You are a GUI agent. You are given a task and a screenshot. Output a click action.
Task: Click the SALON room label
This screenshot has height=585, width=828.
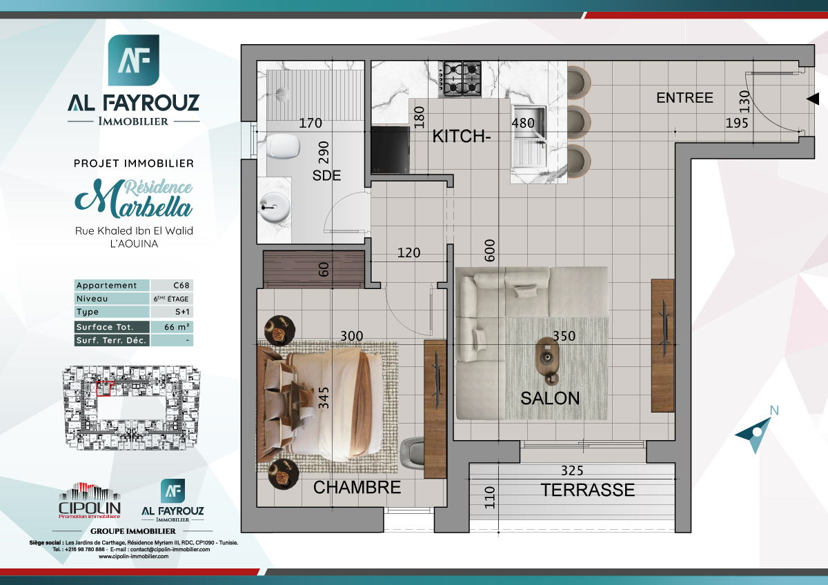tap(550, 398)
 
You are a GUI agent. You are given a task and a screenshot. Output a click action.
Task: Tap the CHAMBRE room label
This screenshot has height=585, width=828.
tap(357, 488)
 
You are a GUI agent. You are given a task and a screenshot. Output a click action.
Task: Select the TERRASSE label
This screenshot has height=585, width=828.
tap(587, 490)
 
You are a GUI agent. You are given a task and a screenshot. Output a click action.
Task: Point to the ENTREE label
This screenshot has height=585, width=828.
tap(684, 98)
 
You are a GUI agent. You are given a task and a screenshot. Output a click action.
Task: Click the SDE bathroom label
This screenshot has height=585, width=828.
tap(326, 176)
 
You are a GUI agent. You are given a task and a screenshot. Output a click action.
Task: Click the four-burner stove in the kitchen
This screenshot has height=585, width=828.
tap(462, 79)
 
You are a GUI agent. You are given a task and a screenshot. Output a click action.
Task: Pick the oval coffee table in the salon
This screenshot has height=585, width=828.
tap(549, 356)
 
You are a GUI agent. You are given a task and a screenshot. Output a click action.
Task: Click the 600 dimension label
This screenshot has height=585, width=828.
tap(490, 250)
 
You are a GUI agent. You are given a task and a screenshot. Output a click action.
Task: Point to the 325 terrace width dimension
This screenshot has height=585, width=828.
tap(571, 471)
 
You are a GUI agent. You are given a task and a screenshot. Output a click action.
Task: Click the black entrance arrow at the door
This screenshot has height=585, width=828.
tap(813, 100)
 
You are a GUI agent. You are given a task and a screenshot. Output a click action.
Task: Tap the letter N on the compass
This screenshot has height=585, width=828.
tap(774, 410)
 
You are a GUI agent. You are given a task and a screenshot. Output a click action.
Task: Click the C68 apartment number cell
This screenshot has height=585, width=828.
tap(172, 286)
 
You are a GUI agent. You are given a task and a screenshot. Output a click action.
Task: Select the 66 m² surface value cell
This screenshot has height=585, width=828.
tap(172, 327)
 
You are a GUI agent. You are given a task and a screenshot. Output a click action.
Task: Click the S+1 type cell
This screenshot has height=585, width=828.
tap(172, 313)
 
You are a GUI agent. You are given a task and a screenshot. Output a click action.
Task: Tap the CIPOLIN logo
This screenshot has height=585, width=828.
tap(90, 502)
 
